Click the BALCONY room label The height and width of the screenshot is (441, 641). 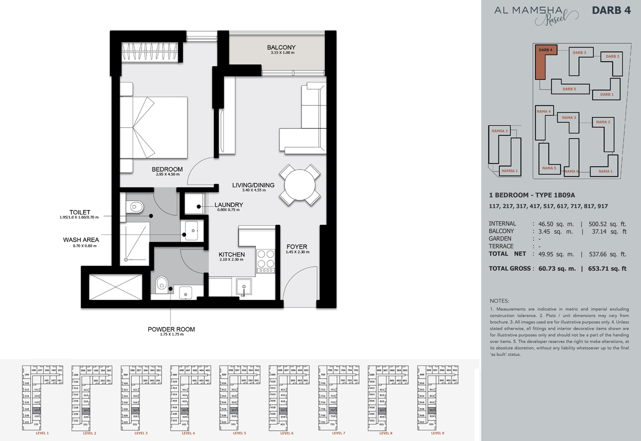point(281,48)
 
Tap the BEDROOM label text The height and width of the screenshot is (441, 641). point(167,170)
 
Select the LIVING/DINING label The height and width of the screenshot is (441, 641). point(253,185)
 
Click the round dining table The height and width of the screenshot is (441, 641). point(299,185)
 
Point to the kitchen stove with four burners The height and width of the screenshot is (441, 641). point(265,261)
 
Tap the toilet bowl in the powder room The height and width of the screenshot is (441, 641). point(161,283)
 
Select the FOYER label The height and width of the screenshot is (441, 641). point(297,247)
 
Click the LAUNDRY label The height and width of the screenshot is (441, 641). point(228,205)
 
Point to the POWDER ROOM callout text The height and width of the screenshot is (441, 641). point(171,329)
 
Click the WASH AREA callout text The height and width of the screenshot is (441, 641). point(81,240)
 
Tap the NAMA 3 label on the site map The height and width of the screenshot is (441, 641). point(569,118)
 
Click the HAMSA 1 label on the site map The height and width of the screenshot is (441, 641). point(509,171)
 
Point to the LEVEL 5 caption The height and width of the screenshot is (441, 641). point(240,433)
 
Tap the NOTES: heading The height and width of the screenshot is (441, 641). point(499,300)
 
